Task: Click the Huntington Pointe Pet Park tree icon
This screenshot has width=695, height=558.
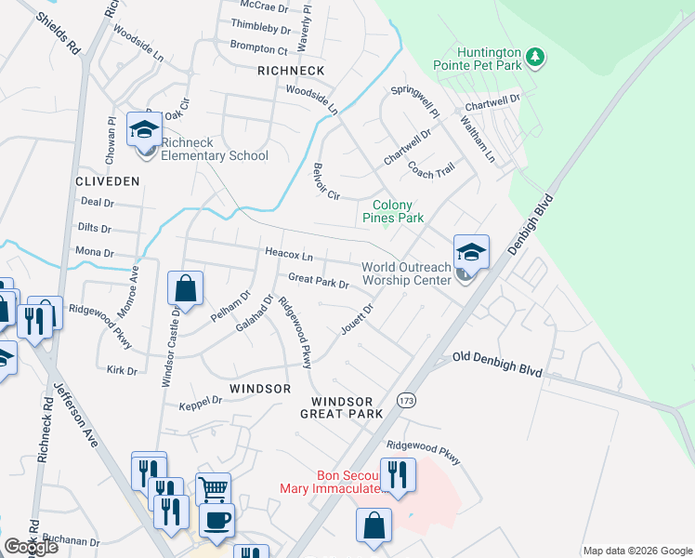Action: coord(535,58)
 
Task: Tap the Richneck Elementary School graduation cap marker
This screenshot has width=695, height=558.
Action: coord(144,129)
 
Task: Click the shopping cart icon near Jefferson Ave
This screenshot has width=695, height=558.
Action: coord(214,487)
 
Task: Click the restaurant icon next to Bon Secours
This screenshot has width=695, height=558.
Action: coord(398,474)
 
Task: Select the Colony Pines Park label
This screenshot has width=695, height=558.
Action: coord(398,211)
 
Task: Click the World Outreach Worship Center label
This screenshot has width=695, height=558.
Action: coord(406,273)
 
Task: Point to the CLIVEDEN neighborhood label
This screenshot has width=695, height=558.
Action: coord(108,180)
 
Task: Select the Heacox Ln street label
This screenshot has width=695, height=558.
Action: coord(289,254)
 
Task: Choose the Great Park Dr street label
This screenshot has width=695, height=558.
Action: coord(318,280)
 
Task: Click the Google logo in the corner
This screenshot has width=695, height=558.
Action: coord(30,547)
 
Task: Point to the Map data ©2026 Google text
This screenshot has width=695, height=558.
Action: coord(637,551)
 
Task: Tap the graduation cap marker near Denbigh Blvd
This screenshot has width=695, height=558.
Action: coord(471,252)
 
